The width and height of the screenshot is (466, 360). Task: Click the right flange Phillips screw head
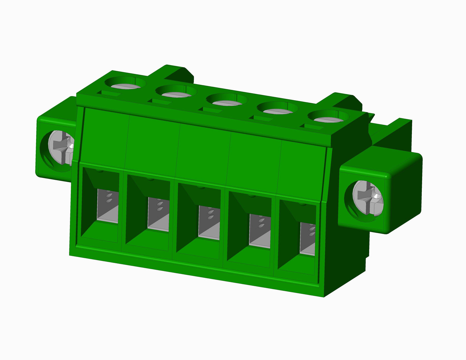pyautogui.click(x=368, y=198)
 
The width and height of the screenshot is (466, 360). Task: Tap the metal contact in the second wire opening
pyautogui.click(x=158, y=214)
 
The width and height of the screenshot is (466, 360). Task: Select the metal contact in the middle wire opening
pyautogui.click(x=209, y=223)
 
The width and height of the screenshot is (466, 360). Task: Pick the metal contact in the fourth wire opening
pyautogui.click(x=260, y=231)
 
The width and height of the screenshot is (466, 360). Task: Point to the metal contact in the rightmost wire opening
pyautogui.click(x=307, y=238)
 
